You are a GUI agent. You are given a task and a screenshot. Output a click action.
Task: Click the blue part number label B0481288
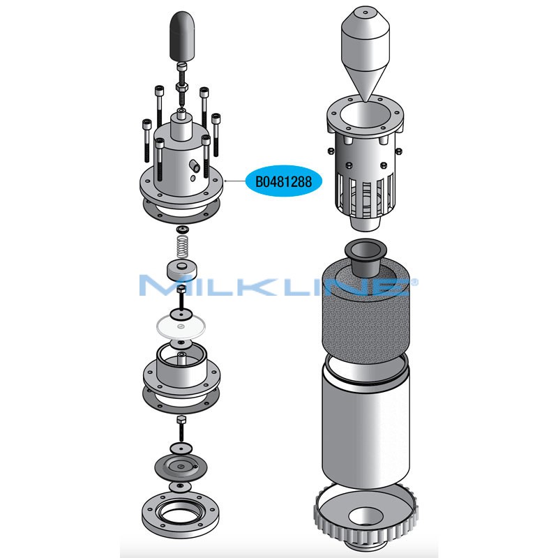pyautogui.click(x=284, y=181)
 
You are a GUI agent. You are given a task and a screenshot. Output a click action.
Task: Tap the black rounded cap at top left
pyautogui.click(x=183, y=36)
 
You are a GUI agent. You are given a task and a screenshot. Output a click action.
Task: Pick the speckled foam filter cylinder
pyautogui.click(x=365, y=313)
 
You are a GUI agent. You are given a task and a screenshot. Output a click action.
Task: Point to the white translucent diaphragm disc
pyautogui.click(x=181, y=326)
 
